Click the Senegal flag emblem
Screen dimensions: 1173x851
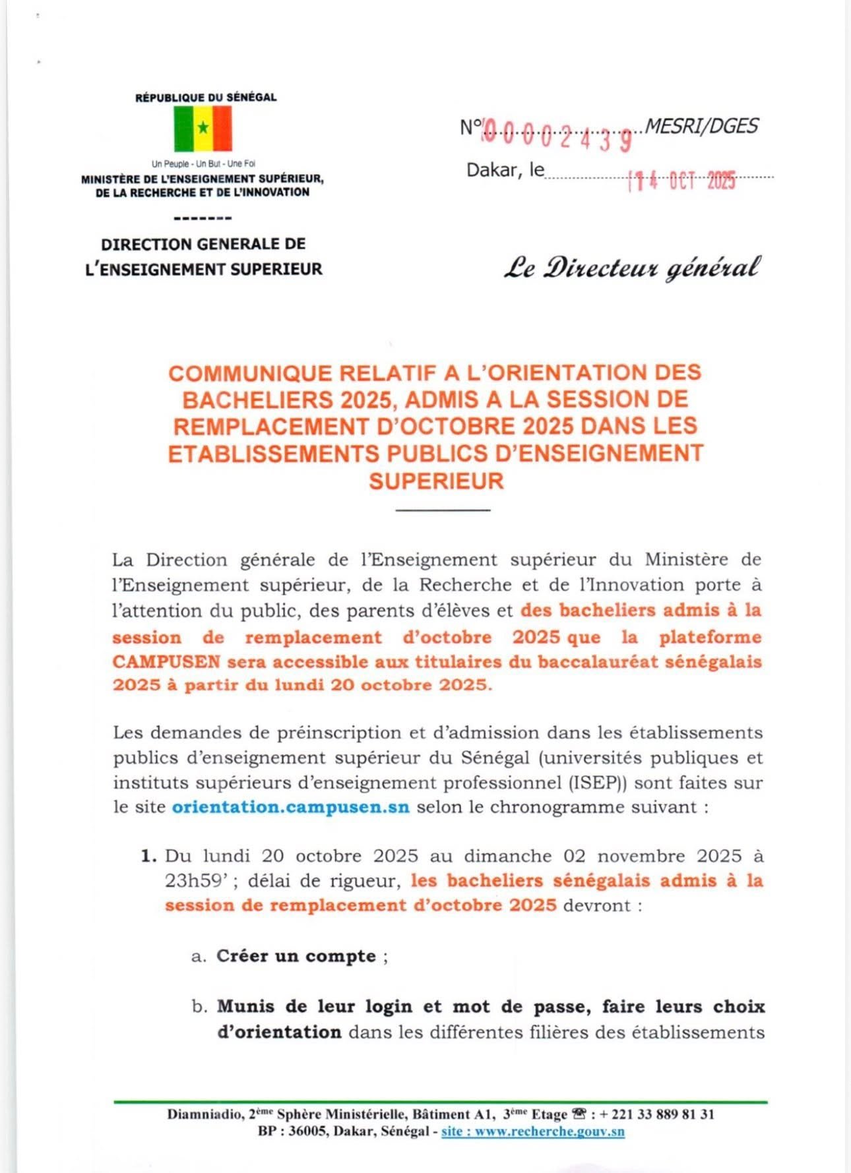click(203, 129)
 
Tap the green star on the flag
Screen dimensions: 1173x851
click(203, 127)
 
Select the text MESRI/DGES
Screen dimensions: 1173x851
click(701, 126)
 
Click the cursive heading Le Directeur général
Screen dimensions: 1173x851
click(632, 268)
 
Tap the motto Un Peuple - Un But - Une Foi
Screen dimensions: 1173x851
click(203, 164)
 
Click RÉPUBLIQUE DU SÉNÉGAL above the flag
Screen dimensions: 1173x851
click(206, 98)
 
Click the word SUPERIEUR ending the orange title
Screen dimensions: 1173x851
click(436, 481)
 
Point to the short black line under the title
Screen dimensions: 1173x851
click(443, 510)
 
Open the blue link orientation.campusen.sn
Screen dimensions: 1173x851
click(290, 807)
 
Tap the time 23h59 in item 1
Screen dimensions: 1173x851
click(191, 881)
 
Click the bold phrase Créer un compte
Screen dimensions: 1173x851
click(296, 956)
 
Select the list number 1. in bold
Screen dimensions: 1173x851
click(148, 857)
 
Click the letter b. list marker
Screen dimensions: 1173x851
click(200, 1007)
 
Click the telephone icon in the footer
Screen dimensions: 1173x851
click(581, 1114)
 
